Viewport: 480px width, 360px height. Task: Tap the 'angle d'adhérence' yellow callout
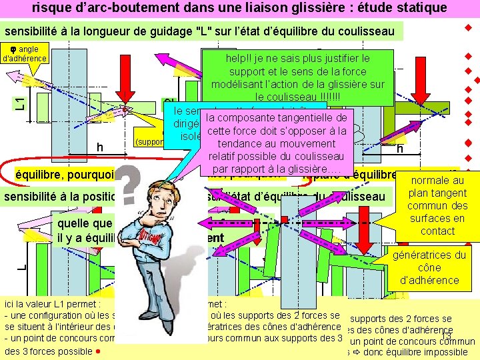(25, 53)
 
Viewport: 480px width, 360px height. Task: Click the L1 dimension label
(21, 103)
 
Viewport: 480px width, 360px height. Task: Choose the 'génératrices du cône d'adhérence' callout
(430, 267)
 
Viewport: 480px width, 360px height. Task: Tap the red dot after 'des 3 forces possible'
(97, 351)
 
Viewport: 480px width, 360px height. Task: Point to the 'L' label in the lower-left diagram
(21, 267)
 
